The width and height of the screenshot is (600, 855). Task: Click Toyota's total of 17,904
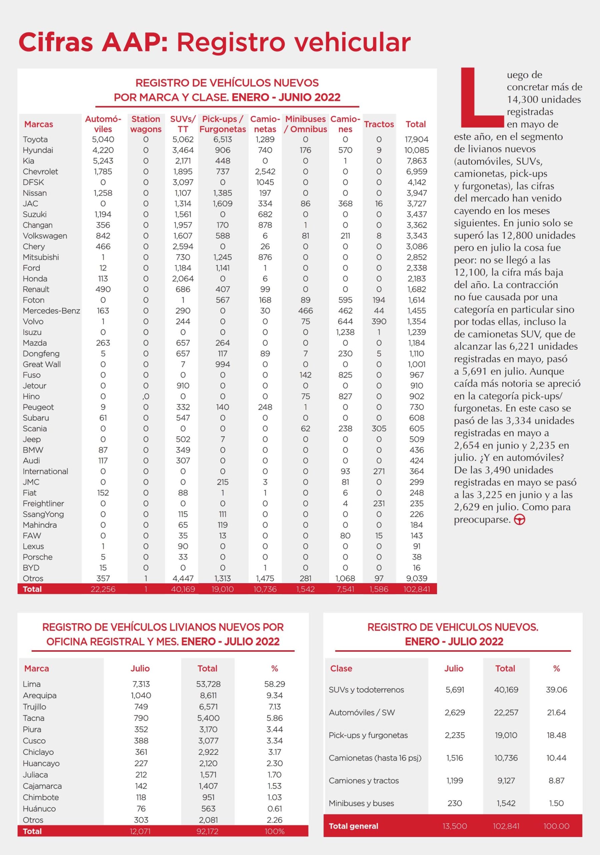416,140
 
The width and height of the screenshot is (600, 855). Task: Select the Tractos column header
379,124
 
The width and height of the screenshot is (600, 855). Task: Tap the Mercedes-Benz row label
51,311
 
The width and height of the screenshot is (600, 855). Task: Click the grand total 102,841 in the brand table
416,589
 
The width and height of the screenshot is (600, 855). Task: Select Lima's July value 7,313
141,684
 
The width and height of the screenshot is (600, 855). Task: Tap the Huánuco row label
39,809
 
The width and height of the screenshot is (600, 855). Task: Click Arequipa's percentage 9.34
274,695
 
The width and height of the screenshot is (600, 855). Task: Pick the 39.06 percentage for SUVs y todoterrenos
556,690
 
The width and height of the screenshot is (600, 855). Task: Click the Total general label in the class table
354,826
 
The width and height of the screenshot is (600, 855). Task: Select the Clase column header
341,668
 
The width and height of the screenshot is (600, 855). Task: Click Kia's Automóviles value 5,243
103,161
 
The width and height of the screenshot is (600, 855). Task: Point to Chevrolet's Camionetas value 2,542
265,172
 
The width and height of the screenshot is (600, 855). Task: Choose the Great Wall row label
42,364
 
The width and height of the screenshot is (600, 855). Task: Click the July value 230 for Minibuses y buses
454,803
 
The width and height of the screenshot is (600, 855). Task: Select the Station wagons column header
146,124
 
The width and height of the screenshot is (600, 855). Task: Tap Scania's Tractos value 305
379,429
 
